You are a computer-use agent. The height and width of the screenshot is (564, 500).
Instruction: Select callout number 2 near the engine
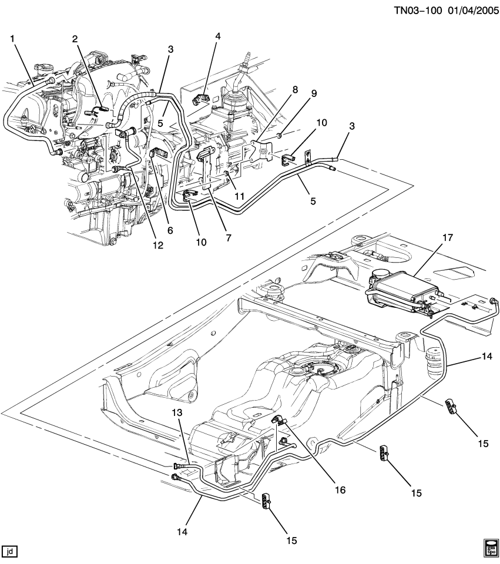coord(75,39)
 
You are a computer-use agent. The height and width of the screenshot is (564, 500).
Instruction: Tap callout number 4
coord(217,36)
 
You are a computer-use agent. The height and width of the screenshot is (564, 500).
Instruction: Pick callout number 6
coord(170,230)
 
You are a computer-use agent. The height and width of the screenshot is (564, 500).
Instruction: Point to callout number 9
coord(314,93)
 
